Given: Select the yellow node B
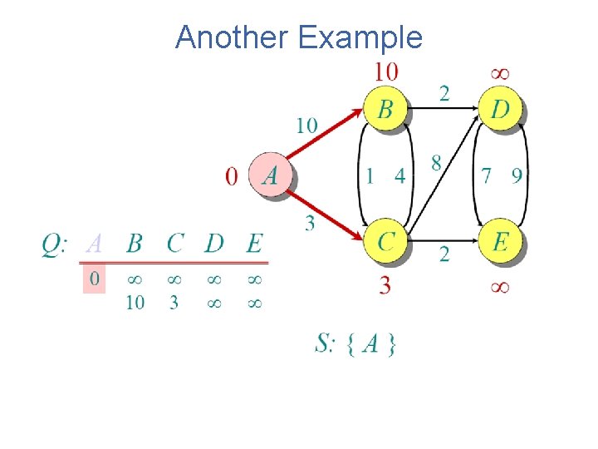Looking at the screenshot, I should (386, 109).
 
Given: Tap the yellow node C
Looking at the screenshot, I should (386, 241).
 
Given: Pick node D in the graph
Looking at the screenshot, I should (501, 109).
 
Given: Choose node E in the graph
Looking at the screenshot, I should (501, 241).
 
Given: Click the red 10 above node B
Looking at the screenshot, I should (385, 72).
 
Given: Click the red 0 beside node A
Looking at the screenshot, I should (232, 176).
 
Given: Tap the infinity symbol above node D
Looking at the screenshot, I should (500, 73).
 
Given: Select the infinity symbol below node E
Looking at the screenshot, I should (500, 288).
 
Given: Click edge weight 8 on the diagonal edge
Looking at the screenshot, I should (436, 163).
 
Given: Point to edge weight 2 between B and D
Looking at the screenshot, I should (444, 92).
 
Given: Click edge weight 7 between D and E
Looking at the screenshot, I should (487, 176).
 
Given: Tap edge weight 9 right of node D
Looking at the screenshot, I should (517, 176).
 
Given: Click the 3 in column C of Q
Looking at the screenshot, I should (174, 303).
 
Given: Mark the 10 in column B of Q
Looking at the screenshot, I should (135, 303).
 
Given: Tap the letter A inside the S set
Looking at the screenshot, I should (370, 343).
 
